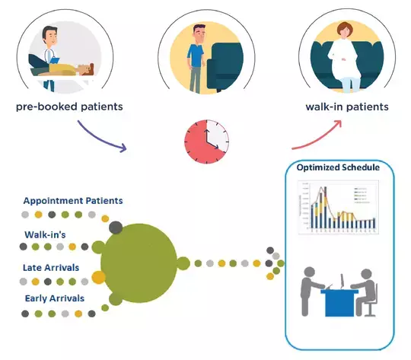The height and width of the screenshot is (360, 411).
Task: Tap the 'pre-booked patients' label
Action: (x=69, y=107)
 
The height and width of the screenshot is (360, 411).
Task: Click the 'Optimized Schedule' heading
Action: (x=340, y=168)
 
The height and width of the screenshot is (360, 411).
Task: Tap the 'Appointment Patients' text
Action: (x=73, y=200)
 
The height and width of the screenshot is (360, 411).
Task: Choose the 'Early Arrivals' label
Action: (x=55, y=298)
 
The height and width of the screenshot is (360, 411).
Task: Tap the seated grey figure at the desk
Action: (x=366, y=292)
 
